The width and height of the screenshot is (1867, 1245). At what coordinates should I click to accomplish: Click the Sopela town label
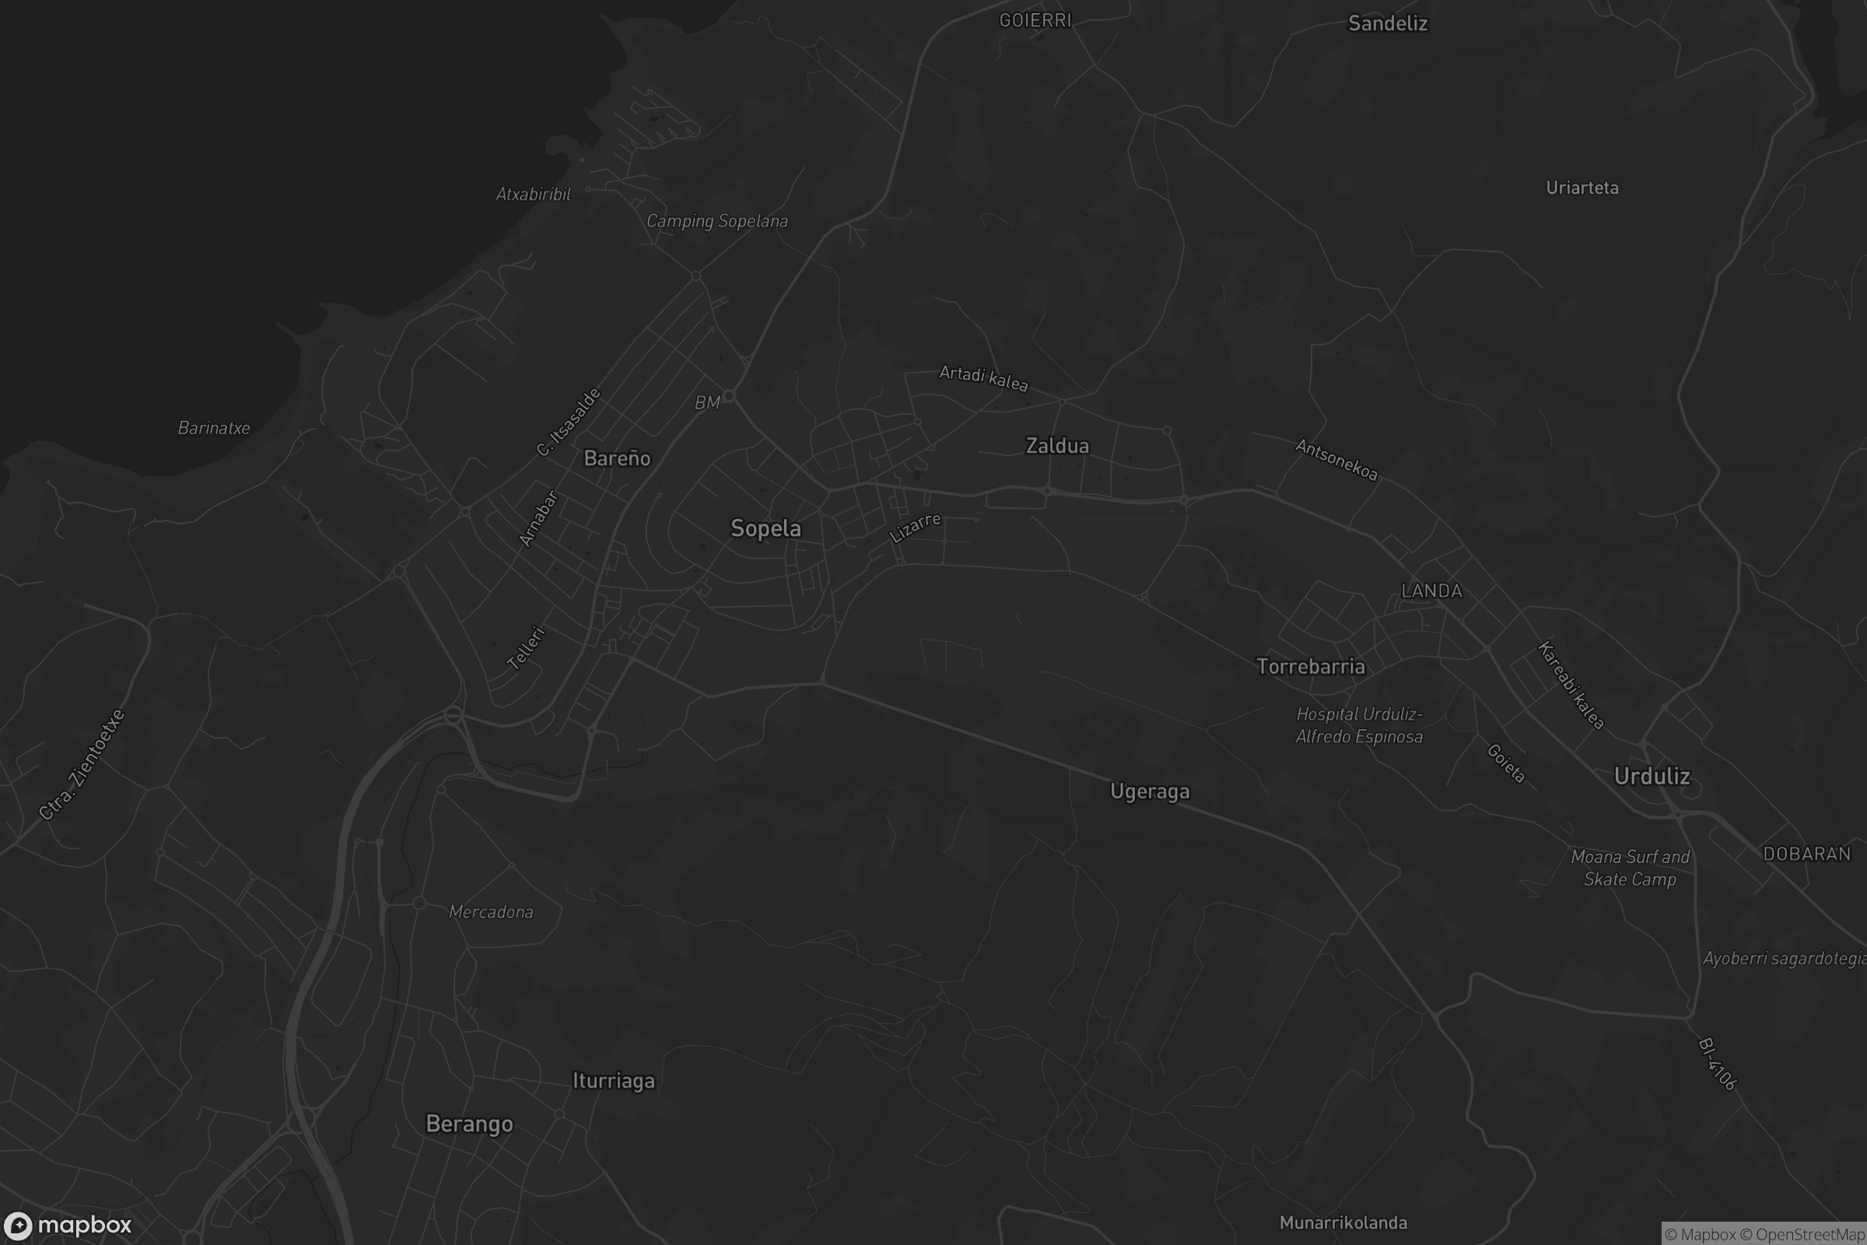tap(765, 529)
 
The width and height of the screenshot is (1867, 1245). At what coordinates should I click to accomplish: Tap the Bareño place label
tap(617, 458)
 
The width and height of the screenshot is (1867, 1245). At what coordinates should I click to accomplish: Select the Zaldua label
tap(1057, 446)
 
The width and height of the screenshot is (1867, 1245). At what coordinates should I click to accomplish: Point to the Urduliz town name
tap(1652, 777)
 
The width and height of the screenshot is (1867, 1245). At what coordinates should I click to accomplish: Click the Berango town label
tap(469, 1124)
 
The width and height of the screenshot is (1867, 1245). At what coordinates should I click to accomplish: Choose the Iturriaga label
tap(614, 1082)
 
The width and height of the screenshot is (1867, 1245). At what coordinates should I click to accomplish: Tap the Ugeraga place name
tap(1150, 791)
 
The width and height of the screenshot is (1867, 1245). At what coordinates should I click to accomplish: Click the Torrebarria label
tap(1311, 667)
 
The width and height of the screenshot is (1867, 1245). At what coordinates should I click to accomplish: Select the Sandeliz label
tap(1388, 24)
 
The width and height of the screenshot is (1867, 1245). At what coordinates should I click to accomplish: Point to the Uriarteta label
tap(1582, 188)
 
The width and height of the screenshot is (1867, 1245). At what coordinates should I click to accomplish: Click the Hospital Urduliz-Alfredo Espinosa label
tap(1359, 726)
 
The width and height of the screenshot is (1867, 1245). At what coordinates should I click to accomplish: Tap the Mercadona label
tap(491, 912)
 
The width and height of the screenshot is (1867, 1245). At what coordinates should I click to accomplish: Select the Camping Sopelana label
tap(716, 222)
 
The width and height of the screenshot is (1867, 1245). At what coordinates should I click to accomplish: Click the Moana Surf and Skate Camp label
tap(1630, 868)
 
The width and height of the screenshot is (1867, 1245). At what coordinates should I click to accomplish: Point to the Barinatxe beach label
tap(213, 429)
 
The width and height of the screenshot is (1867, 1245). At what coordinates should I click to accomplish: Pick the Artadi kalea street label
tap(983, 378)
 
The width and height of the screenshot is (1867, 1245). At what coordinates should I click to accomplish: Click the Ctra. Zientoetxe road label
tap(82, 765)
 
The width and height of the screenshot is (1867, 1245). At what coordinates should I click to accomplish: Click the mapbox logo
tap(67, 1225)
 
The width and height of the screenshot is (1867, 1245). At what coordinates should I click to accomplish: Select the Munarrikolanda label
tap(1343, 1223)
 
